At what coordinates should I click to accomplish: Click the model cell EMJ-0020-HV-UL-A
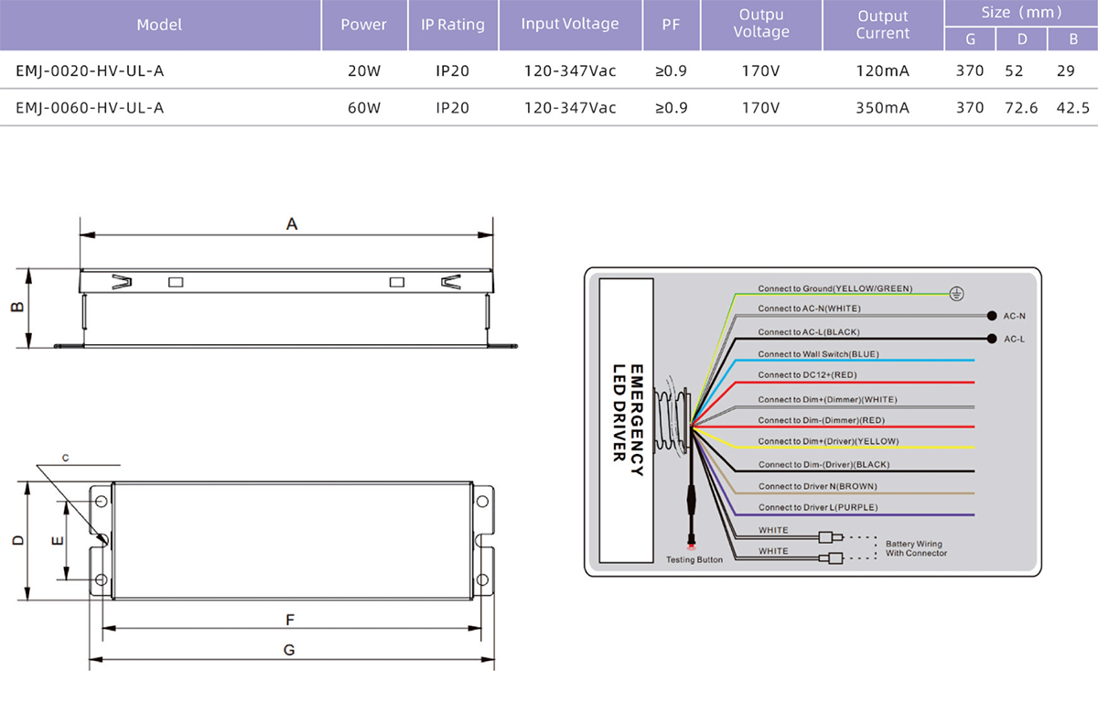click(90, 71)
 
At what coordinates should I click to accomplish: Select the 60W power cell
click(364, 108)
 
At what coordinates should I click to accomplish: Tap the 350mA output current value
click(882, 108)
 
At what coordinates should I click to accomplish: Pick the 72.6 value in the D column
click(1021, 108)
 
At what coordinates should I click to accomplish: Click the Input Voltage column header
click(570, 24)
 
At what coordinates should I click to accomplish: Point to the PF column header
click(671, 25)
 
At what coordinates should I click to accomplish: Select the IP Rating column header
click(452, 25)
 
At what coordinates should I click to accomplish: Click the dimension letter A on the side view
click(292, 224)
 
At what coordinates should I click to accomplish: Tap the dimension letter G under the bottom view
click(289, 650)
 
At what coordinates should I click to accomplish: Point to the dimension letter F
click(290, 620)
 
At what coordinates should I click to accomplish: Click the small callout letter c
click(66, 458)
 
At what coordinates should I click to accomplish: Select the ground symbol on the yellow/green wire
click(956, 294)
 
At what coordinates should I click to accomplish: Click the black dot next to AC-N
click(992, 316)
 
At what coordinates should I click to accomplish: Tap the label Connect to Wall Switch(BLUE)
click(818, 354)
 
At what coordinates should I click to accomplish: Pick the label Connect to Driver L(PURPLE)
click(818, 507)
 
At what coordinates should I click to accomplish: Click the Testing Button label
click(694, 559)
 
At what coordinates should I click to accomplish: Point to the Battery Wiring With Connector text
click(916, 548)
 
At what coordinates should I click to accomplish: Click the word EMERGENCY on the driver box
click(636, 420)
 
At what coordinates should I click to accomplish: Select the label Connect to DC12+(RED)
click(807, 375)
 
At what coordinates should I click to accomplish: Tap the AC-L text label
click(1014, 340)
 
